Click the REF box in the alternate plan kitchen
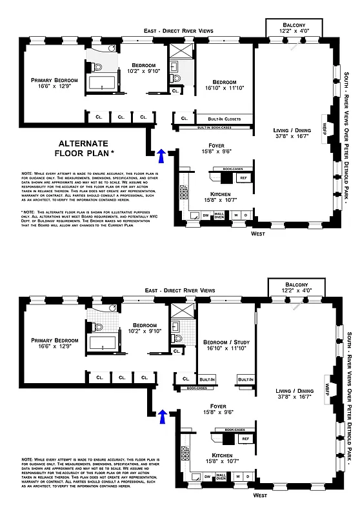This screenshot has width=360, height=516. [x=244, y=178]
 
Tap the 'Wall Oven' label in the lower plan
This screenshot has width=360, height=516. [x=219, y=215]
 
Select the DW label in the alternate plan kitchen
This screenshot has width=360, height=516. [x=205, y=215]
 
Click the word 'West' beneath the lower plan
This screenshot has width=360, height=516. [x=261, y=495]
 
